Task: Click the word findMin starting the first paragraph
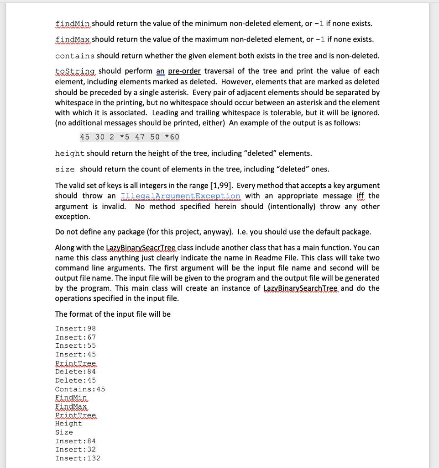(x=73, y=23)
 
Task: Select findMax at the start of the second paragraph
(x=73, y=39)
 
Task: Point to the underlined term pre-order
(x=185, y=71)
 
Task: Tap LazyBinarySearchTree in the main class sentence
(x=301, y=288)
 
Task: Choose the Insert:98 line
(x=75, y=329)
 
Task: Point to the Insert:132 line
(x=78, y=458)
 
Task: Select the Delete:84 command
(x=75, y=372)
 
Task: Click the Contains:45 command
(x=80, y=389)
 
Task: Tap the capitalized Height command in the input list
(x=68, y=424)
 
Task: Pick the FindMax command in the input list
(x=71, y=406)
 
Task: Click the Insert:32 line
(x=75, y=450)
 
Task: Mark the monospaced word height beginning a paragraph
(x=69, y=153)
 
